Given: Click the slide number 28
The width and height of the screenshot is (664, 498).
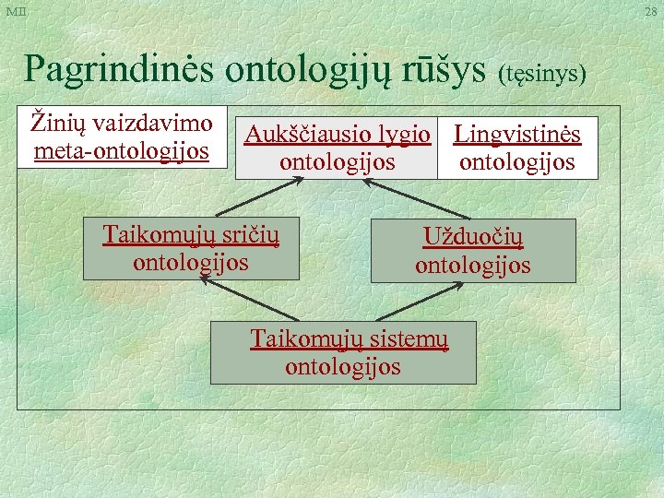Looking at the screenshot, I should pos(651,11).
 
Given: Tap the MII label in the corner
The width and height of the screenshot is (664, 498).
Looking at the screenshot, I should pos(16,11).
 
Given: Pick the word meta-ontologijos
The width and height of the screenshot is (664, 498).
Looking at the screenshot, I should pos(122,149).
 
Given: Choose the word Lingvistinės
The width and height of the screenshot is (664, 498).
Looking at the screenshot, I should pos(517,136).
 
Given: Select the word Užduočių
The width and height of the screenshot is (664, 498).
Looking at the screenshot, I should pos(472,238).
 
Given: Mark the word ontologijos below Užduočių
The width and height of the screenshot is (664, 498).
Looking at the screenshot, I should pos(472,266).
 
